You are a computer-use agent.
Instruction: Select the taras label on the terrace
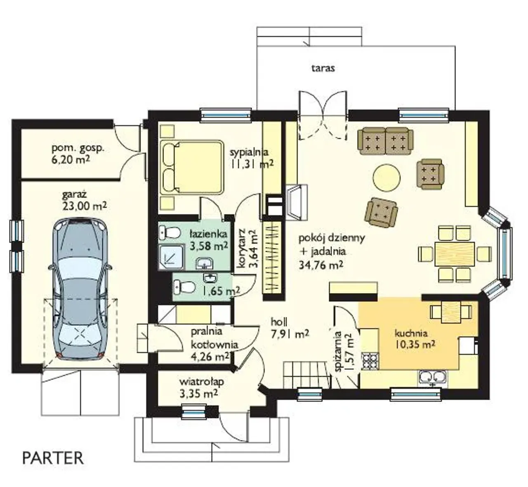pyautogui.click(x=323, y=68)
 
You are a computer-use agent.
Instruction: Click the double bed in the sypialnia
pyautogui.click(x=191, y=167)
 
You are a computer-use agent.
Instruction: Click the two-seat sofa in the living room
pyautogui.click(x=386, y=141)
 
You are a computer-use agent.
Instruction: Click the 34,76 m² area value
pyautogui.click(x=321, y=265)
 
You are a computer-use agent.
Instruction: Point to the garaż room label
pyautogui.click(x=74, y=195)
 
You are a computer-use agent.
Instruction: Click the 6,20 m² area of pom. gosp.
pyautogui.click(x=70, y=160)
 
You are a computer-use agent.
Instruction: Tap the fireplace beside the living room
pyautogui.click(x=297, y=202)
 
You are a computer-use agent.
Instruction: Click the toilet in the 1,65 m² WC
pyautogui.click(x=185, y=287)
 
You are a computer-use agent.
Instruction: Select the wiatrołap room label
pyautogui.click(x=202, y=381)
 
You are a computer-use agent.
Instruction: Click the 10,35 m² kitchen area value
pyautogui.click(x=415, y=344)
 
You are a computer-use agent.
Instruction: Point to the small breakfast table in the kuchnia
pyautogui.click(x=451, y=312)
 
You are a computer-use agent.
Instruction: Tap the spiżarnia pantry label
pyautogui.click(x=338, y=351)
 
